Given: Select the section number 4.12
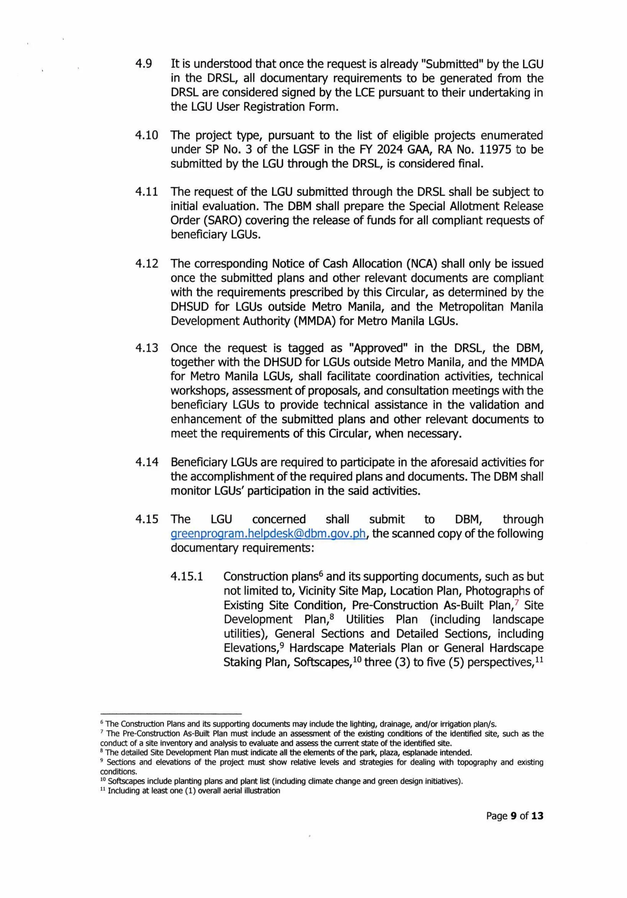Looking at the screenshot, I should [x=147, y=264].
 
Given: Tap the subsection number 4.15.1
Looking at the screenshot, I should [x=186, y=577].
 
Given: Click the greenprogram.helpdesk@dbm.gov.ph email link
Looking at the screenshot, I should [x=268, y=534].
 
